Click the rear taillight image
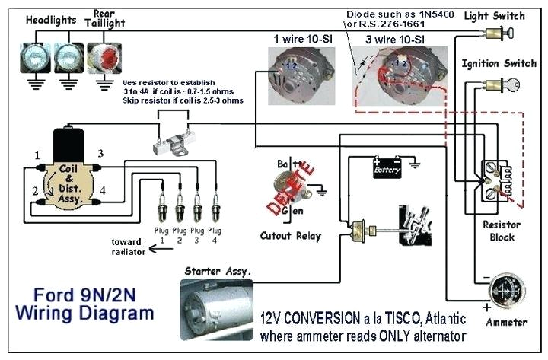click(x=101, y=57)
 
